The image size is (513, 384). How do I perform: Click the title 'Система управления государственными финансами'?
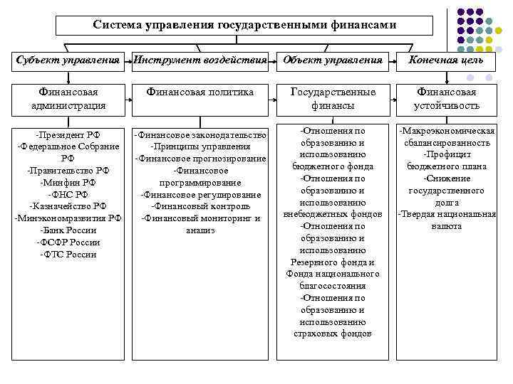tap(244, 25)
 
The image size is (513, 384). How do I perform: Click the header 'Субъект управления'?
tap(68, 60)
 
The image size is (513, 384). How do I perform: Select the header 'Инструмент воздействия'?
tap(200, 60)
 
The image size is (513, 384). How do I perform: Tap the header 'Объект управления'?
tap(332, 60)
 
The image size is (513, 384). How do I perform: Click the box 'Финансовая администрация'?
tap(68, 99)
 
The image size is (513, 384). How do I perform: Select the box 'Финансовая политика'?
tap(199, 92)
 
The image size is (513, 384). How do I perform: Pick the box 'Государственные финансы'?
tap(332, 99)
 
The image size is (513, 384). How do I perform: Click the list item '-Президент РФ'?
tap(68, 134)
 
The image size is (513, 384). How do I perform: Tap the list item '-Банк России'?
tap(68, 230)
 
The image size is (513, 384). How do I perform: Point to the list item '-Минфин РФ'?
tap(68, 182)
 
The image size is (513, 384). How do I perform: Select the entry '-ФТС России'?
tap(68, 255)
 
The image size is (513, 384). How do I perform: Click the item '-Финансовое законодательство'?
tap(199, 134)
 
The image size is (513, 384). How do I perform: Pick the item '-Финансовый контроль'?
tap(199, 206)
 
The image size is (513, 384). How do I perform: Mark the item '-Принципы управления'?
tap(199, 146)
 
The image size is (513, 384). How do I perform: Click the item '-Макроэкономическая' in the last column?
tap(446, 131)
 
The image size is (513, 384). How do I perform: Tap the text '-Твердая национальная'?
tap(446, 214)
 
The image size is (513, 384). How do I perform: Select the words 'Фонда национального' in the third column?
tap(332, 274)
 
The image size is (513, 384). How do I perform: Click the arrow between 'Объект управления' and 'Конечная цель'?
tap(390, 60)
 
